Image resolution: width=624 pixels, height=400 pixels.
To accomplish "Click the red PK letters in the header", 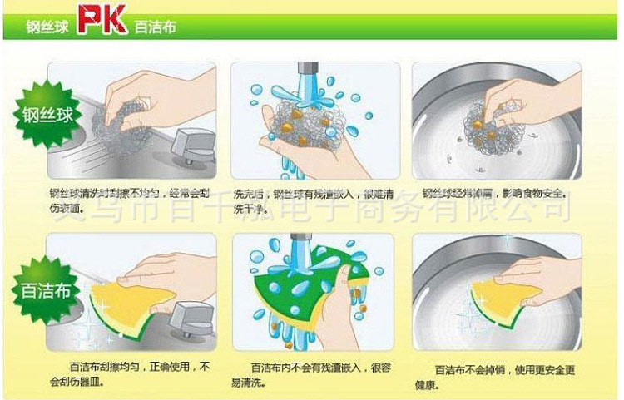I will (x=102, y=22).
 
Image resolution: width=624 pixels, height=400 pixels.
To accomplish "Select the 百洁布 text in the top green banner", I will (x=155, y=26).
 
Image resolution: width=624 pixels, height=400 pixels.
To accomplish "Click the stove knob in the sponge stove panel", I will (x=186, y=320).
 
